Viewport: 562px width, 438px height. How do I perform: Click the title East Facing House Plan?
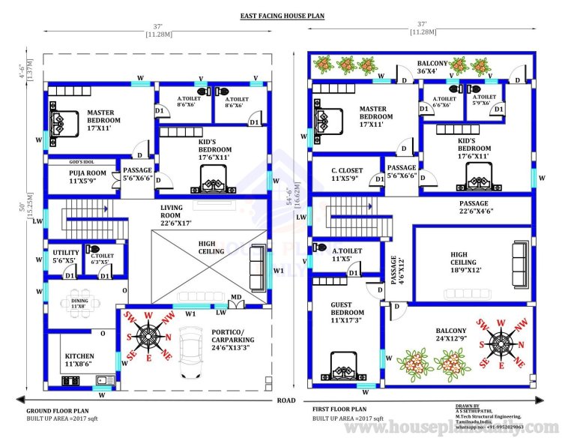point(282,15)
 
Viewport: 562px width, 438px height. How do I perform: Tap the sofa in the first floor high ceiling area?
point(516,259)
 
